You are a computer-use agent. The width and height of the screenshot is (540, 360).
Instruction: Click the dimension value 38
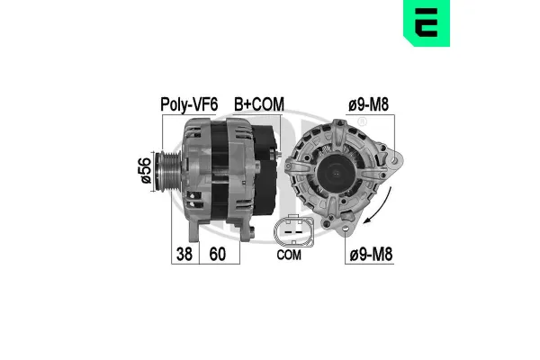[x=183, y=254]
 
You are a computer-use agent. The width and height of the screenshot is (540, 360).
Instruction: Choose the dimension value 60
[x=218, y=254]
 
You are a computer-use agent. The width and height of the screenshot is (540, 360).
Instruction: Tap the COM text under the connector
[x=288, y=255]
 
